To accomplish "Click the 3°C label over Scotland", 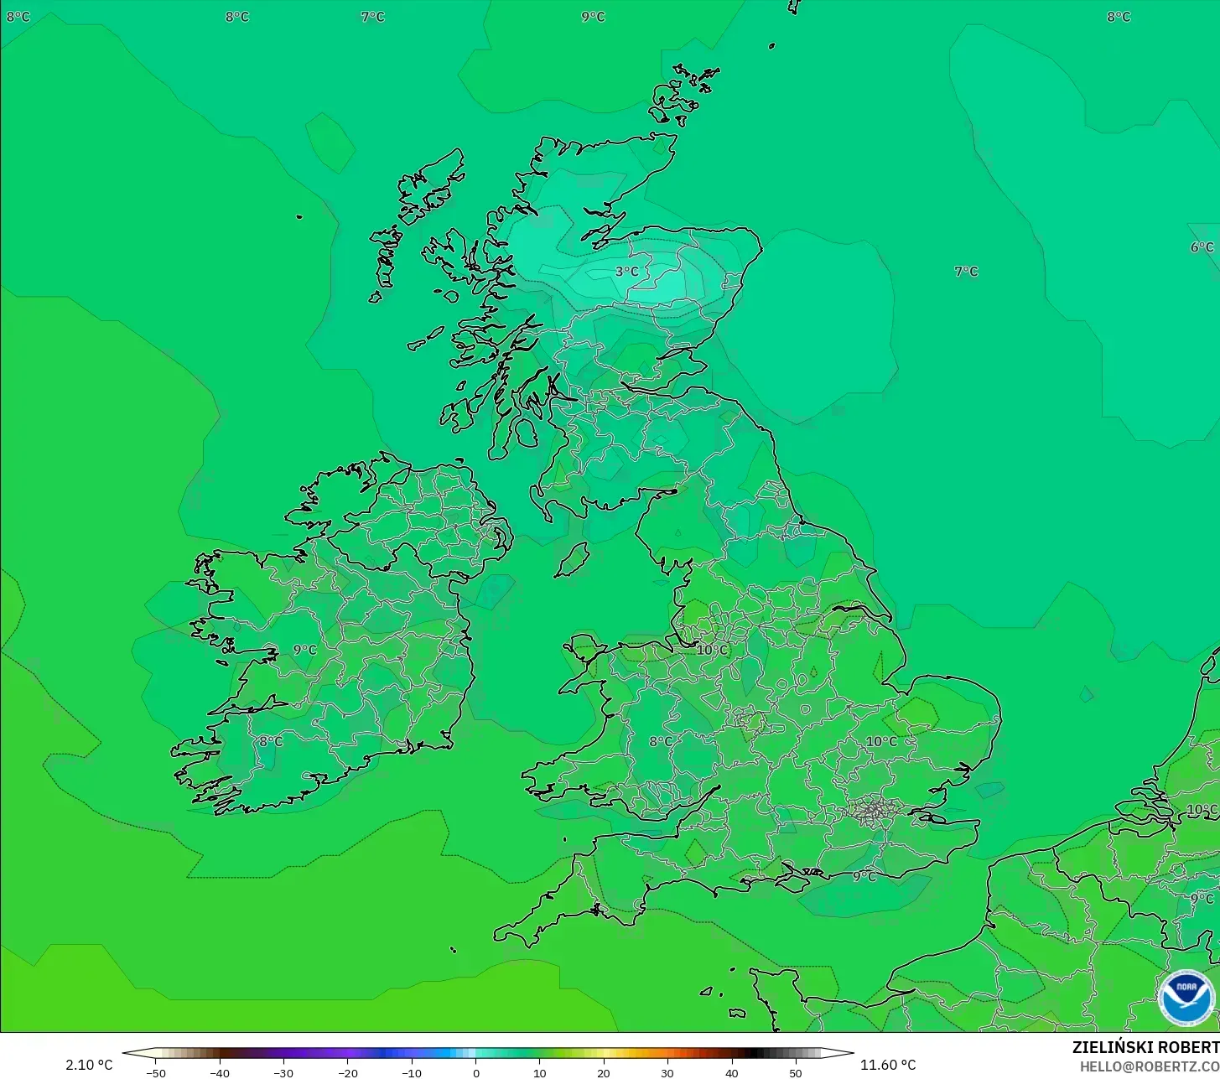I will point(626,272).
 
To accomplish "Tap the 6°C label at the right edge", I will point(1202,247).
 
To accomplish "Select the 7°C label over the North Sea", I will point(966,272).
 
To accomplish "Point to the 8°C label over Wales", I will point(661,741).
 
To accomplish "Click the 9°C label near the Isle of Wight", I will point(864,877).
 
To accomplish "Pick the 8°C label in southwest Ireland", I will point(270,741).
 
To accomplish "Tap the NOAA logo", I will point(1186,998).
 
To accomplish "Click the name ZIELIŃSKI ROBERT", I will point(1145,1047).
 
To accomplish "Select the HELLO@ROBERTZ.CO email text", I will point(1149,1066).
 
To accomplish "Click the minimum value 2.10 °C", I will point(89,1065).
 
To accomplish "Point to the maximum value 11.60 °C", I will point(888,1065).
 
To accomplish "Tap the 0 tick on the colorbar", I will point(475,1072).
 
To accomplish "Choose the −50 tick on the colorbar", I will point(155,1072).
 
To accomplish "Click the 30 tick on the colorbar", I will point(667,1072).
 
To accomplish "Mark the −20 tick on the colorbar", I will point(347,1072).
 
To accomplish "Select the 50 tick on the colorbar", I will point(795,1072).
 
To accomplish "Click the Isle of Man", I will point(573,560).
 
